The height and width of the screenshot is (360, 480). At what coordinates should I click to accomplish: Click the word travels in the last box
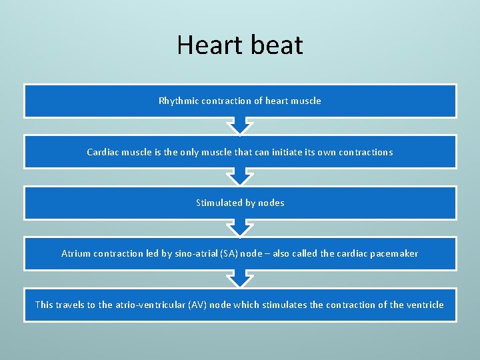(75, 305)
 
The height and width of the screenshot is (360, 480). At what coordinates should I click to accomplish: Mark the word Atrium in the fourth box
(76, 253)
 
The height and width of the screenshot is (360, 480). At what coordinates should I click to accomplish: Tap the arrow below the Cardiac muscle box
(240, 177)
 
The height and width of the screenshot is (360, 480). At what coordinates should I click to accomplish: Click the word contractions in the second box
(365, 152)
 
